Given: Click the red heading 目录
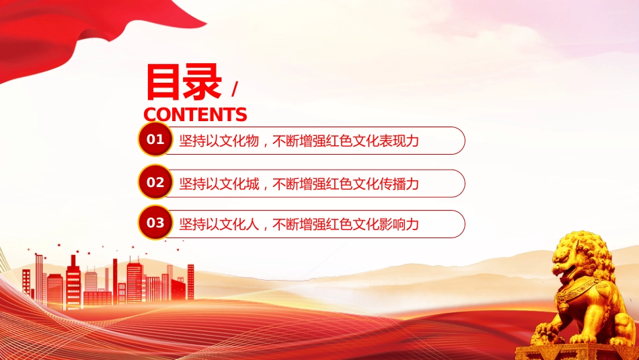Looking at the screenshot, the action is pos(184,83).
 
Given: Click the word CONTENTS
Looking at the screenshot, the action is pos(195,114).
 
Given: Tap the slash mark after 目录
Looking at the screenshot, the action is pos(234,89).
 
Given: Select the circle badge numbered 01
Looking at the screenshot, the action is pos(155,139).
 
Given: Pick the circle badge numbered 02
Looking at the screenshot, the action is pos(155,182).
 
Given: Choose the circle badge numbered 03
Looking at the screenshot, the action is pos(155,223).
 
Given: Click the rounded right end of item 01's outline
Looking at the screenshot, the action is pos(465,141).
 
